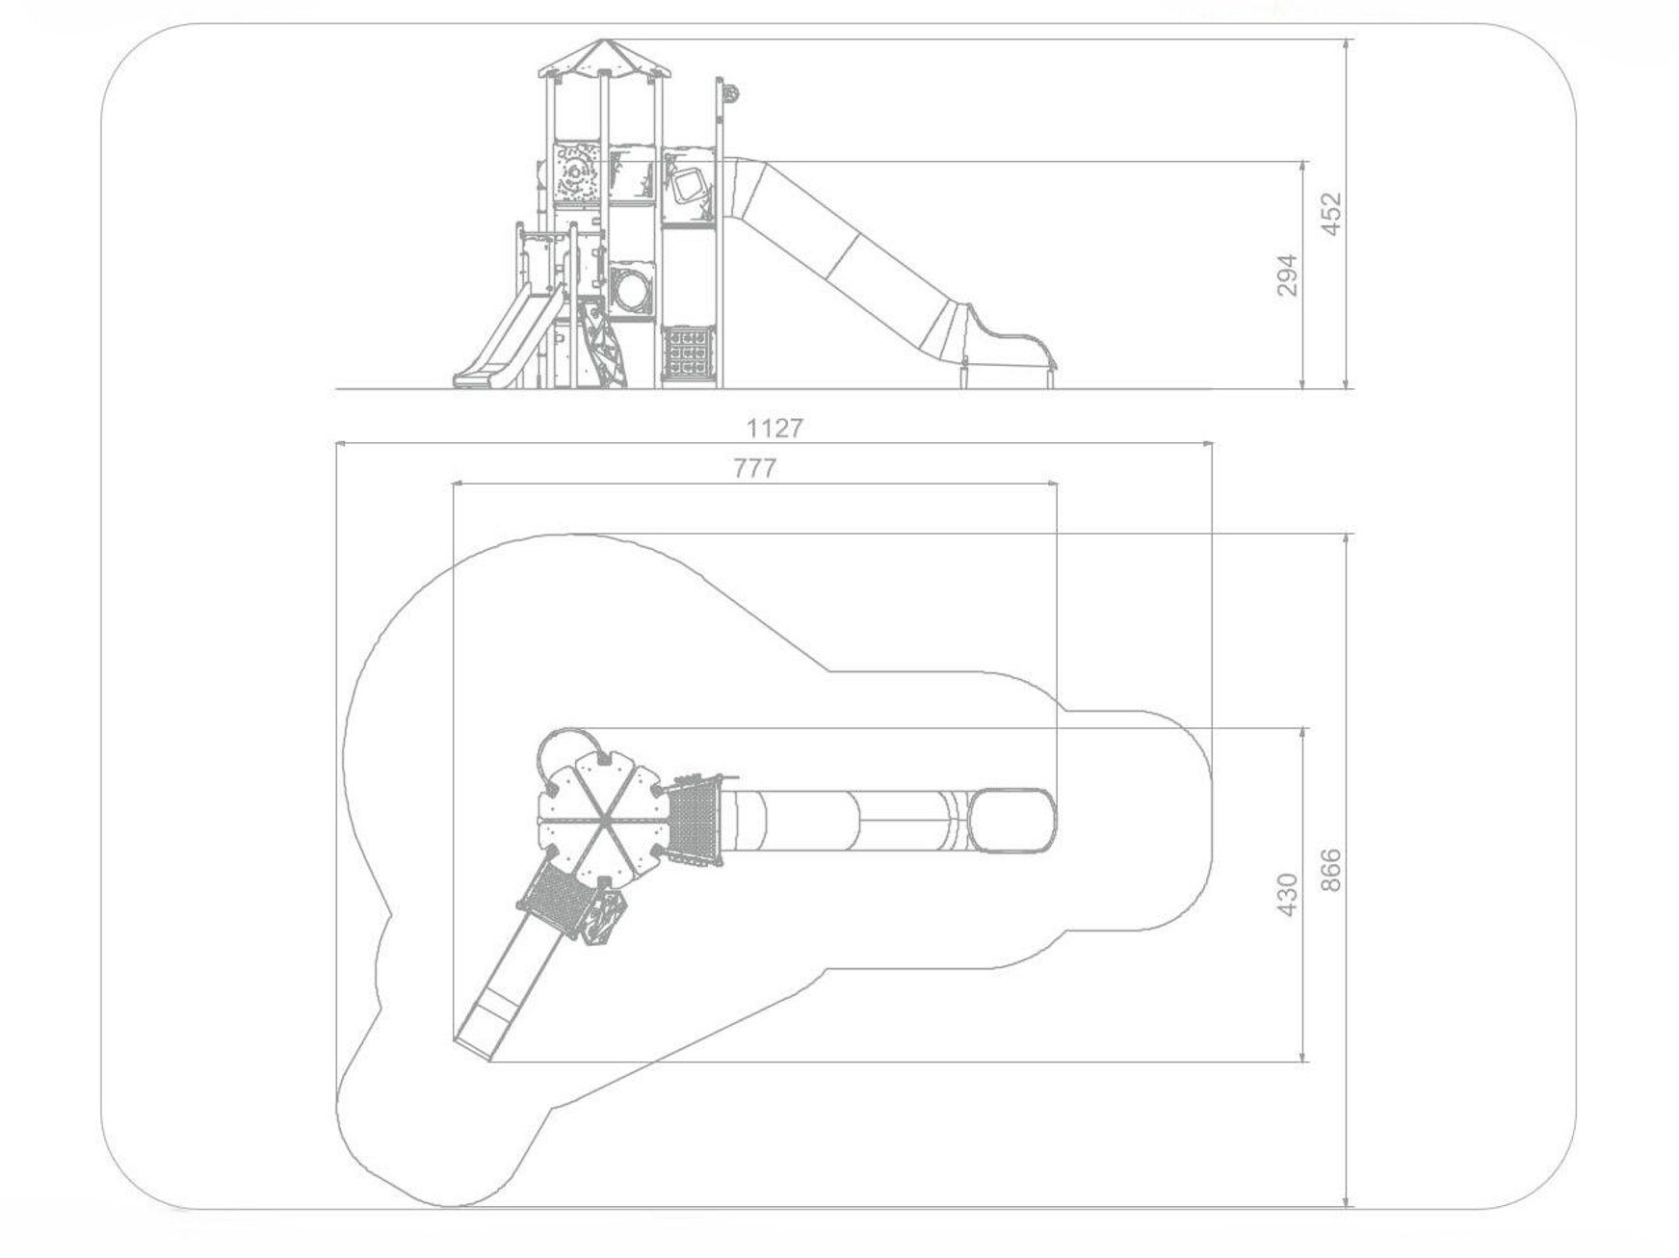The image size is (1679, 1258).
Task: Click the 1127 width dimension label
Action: pyautogui.click(x=774, y=428)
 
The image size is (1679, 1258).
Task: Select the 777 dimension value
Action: pyautogui.click(x=755, y=469)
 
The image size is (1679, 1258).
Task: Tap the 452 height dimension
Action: pyautogui.click(x=1329, y=214)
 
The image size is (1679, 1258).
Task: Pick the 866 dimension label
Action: pyautogui.click(x=1329, y=870)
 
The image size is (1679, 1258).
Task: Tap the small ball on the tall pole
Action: pyautogui.click(x=729, y=93)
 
